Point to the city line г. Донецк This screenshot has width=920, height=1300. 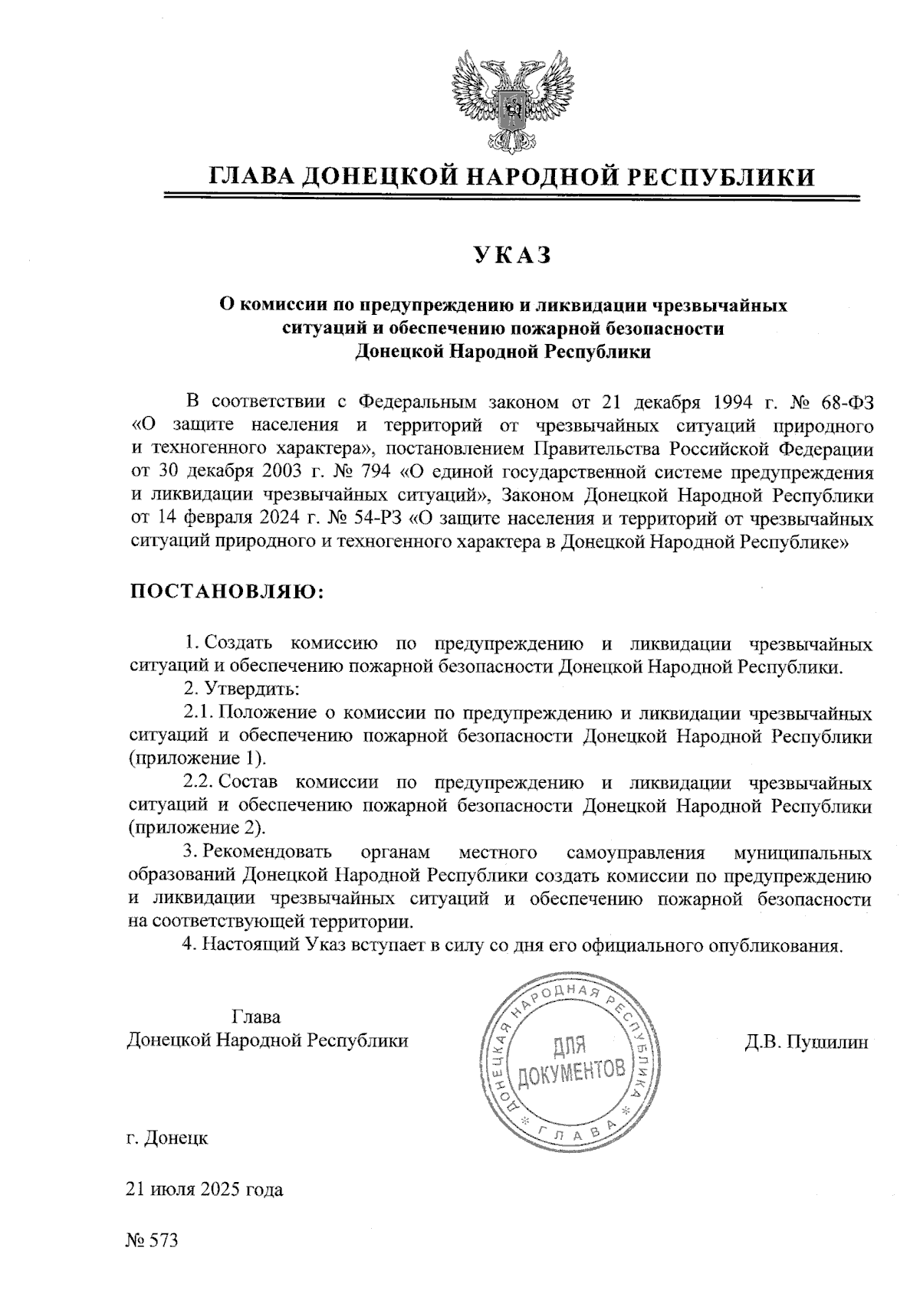pyautogui.click(x=167, y=1138)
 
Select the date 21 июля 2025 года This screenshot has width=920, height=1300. pyautogui.click(x=205, y=1190)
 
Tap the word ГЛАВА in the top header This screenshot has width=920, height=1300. pyautogui.click(x=251, y=177)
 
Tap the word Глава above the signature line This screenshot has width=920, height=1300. pyautogui.click(x=255, y=1017)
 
